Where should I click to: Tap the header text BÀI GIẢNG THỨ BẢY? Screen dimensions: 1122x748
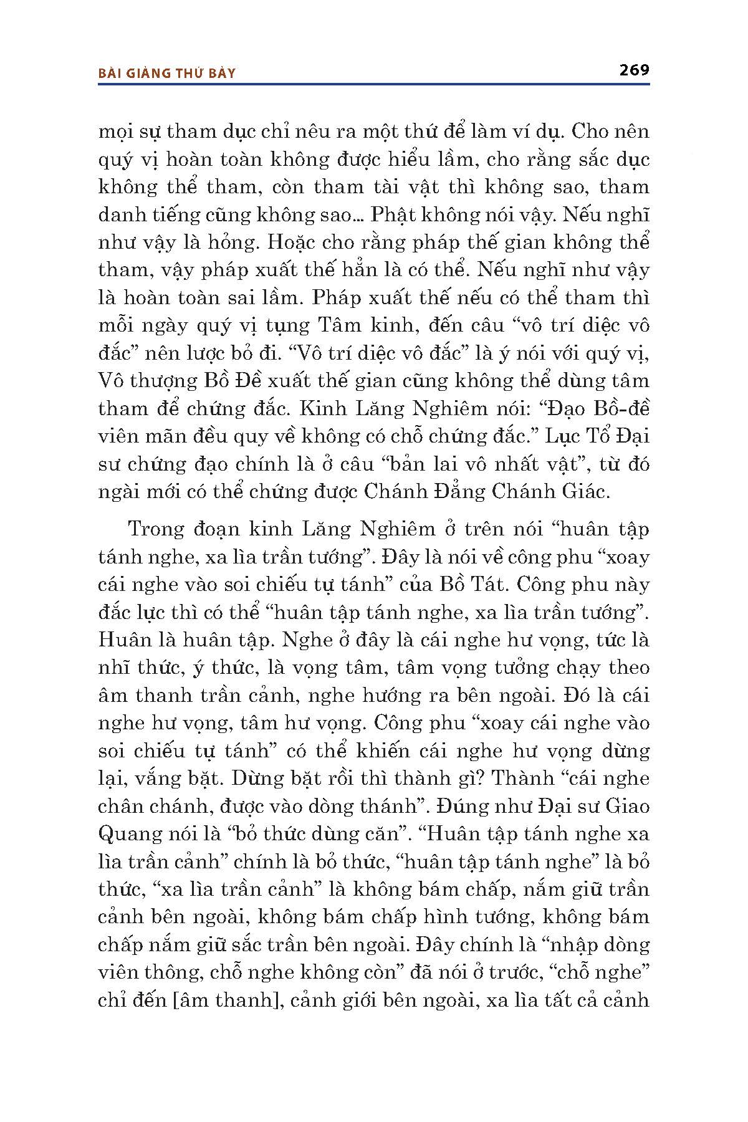pyautogui.click(x=167, y=74)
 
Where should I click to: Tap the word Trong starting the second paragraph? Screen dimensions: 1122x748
pyautogui.click(x=156, y=529)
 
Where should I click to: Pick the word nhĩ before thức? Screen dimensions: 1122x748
pyautogui.click(x=114, y=668)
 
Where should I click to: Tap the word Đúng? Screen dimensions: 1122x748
pyautogui.click(x=461, y=806)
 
